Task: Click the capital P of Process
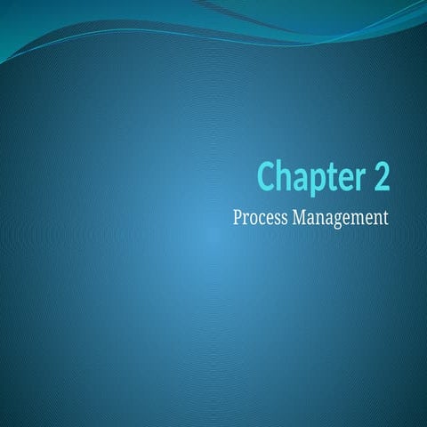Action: click(237, 215)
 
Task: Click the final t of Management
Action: click(386, 216)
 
